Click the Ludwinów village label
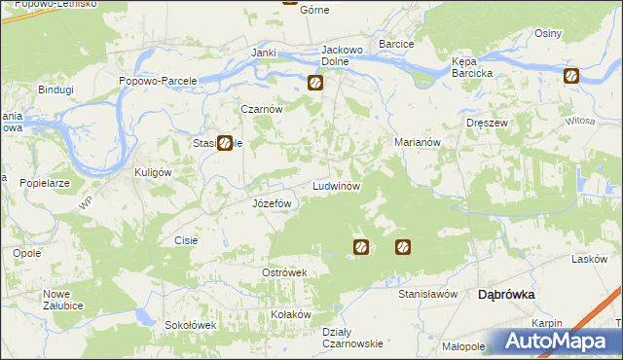click(337, 185)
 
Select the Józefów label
click(273, 203)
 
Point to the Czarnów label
click(262, 110)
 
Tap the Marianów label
click(419, 142)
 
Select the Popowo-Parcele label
click(159, 81)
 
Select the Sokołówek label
click(189, 325)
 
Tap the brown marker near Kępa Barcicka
click(570, 76)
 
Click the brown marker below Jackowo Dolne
click(315, 84)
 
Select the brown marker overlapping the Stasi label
click(225, 143)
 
